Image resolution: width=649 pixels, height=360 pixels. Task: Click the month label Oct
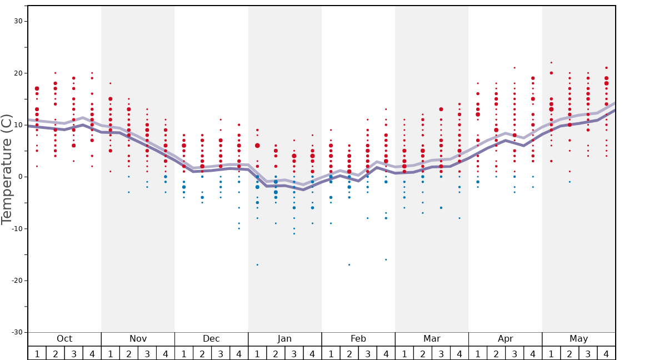pos(64,339)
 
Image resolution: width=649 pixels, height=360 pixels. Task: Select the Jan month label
pos(284,339)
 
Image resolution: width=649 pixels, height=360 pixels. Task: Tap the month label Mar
pos(432,339)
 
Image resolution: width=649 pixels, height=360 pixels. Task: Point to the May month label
pos(578,339)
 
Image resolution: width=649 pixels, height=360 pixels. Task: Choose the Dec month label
pos(211,339)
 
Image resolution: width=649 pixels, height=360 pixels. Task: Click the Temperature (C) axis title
pos(7,169)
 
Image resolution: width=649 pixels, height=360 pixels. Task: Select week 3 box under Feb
pos(367,353)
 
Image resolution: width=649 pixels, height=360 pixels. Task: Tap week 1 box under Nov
pos(111,353)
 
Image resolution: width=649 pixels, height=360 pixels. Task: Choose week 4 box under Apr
pos(533,353)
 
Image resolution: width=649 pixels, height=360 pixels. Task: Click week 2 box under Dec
pos(202,353)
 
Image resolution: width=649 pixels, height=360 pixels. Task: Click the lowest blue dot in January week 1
pos(257,264)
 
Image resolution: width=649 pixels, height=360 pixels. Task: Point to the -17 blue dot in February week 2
pos(349,264)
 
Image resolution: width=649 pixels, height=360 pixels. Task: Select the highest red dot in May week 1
pos(551,63)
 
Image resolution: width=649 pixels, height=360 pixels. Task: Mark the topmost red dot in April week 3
pos(515,68)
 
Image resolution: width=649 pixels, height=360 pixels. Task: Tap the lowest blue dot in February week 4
pos(386,259)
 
